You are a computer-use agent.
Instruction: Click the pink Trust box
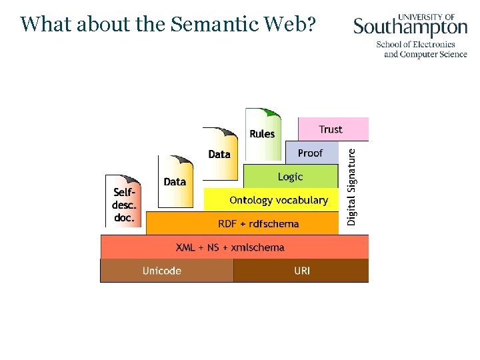coord(331,129)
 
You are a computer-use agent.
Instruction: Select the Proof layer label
coord(310,153)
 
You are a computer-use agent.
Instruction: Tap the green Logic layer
coord(290,177)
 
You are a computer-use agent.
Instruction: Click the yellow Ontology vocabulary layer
coord(278,200)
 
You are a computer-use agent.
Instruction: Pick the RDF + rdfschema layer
coord(258,224)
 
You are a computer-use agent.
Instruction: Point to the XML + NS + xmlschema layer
coord(230,247)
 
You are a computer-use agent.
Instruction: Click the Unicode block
coord(162,271)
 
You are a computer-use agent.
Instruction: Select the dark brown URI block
coord(301,271)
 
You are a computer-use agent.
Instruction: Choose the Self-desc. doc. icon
coord(124,202)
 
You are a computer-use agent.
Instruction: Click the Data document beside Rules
coord(219,154)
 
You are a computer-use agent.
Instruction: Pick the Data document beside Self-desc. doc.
coord(175,181)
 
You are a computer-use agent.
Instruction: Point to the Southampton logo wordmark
coord(410,27)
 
